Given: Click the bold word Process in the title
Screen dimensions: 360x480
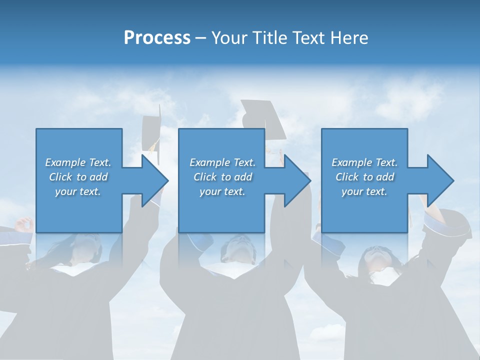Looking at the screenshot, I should point(157,38).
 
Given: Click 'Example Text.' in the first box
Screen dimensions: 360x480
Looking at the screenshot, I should point(78,162).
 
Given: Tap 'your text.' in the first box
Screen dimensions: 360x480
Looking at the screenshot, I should point(78,191).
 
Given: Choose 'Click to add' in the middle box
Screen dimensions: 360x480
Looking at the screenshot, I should point(222,177).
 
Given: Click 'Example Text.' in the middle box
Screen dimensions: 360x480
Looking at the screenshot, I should point(222,162).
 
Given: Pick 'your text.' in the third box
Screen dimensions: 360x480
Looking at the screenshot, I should point(364,191).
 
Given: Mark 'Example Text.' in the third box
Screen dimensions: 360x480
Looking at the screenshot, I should point(364,162).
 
